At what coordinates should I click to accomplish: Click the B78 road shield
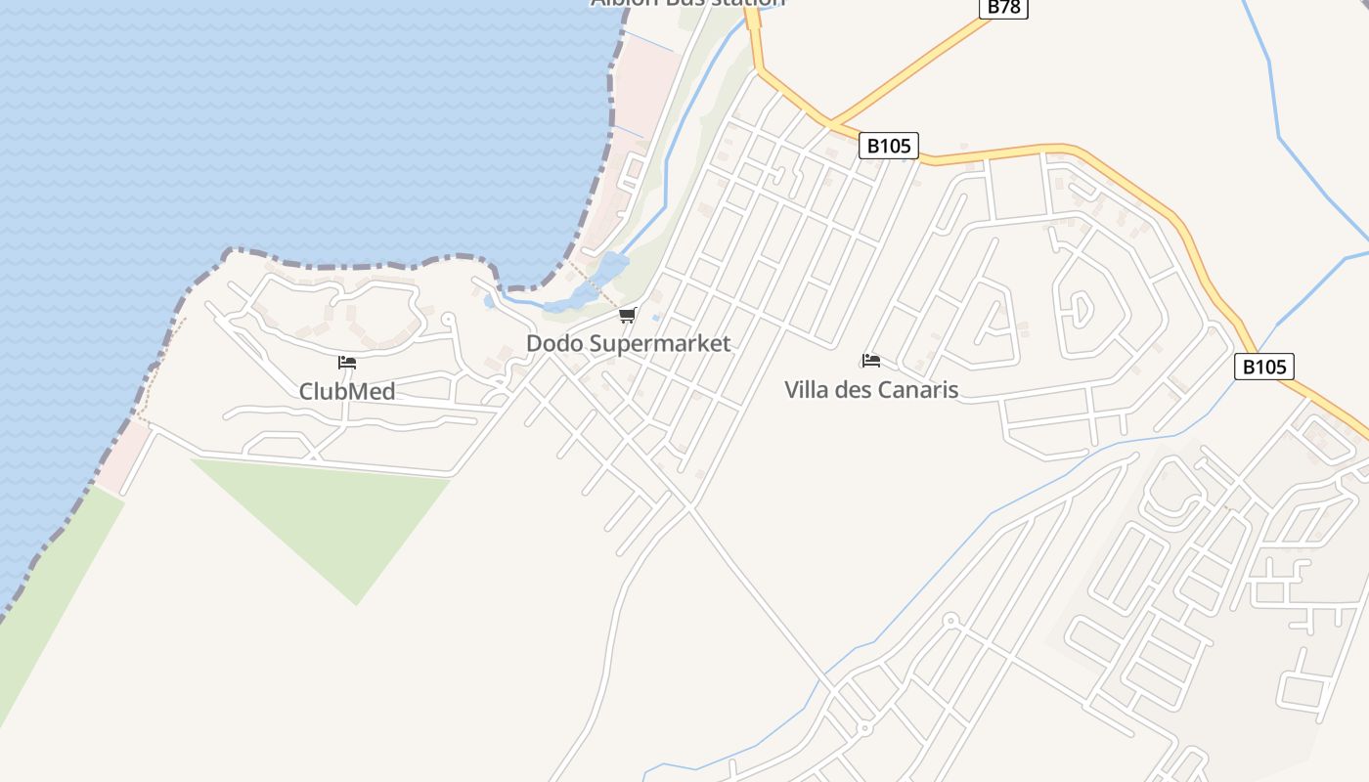point(1003,7)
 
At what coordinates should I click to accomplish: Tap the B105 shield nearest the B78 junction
point(889,146)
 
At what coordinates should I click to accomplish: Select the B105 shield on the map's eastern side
point(1264,367)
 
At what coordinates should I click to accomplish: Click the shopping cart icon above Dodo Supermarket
point(628,315)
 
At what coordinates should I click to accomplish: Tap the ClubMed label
point(347,392)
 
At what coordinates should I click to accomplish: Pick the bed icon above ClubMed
point(347,363)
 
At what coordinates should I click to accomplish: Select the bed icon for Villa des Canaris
point(871,360)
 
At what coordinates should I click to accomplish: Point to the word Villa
point(807,390)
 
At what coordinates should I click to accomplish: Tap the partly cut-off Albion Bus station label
point(687,3)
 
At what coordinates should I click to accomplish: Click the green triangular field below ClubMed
point(332,518)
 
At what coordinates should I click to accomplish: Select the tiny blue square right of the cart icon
point(655,318)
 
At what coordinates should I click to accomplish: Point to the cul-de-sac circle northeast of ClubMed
point(448,318)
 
